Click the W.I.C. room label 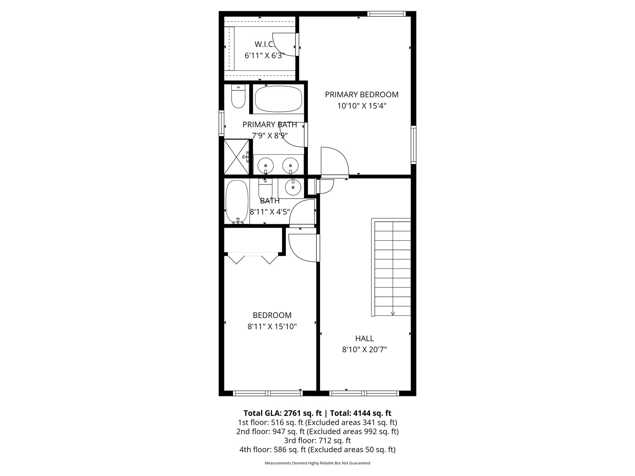click(265, 44)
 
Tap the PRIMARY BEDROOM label click(361, 94)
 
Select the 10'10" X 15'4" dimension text click(362, 106)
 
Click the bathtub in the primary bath click(278, 99)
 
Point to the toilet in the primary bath click(238, 96)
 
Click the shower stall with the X click(236, 157)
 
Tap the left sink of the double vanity click(266, 165)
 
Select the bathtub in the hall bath click(237, 202)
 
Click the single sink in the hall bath click(293, 187)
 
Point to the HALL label click(364, 338)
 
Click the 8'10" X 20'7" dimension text click(364, 350)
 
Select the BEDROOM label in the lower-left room click(272, 315)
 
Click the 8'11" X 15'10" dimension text click(272, 327)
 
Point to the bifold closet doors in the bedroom click(253, 259)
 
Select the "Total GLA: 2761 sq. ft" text click(283, 413)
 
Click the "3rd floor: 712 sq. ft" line click(317, 441)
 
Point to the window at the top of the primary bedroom click(386, 14)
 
